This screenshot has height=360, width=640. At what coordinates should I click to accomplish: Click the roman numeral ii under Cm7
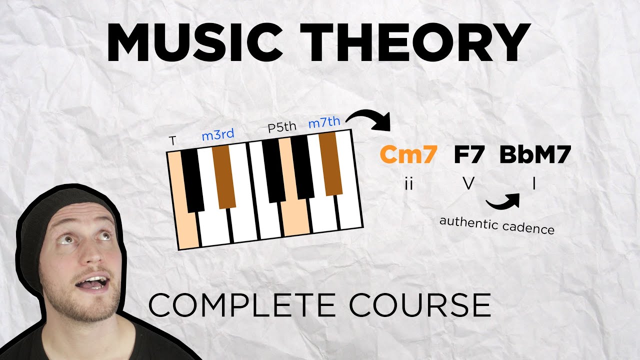pyautogui.click(x=408, y=184)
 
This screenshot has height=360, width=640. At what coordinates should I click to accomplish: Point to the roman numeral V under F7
pyautogui.click(x=468, y=184)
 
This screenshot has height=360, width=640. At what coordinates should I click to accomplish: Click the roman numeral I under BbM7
pyautogui.click(x=534, y=184)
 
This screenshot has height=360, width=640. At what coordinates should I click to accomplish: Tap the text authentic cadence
pyautogui.click(x=496, y=225)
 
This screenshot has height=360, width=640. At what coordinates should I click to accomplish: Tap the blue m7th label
pyautogui.click(x=324, y=122)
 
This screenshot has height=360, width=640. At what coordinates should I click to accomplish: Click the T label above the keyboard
pyautogui.click(x=172, y=141)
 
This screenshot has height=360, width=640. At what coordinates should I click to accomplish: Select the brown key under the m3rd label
pyautogui.click(x=223, y=175)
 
